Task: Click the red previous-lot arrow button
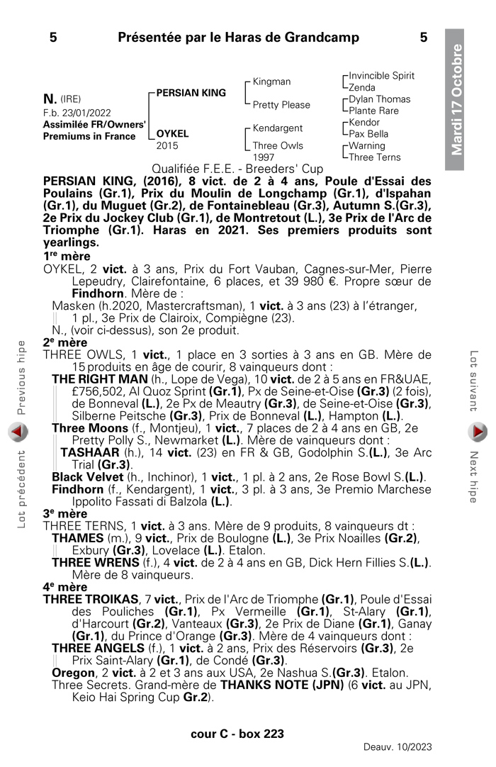pos(18,431)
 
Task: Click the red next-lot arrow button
pos(478,431)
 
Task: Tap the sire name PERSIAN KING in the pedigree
pos(191,93)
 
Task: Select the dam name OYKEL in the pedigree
pos(172,133)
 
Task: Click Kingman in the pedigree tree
pos(271,82)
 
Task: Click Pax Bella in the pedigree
pos(368,134)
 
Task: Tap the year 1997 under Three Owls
pos(264,157)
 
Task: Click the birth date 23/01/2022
pos(86,112)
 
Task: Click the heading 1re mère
pos(67,256)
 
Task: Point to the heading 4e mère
pos(65,587)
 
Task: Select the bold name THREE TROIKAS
pos(90,599)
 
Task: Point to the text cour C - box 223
pos(237,734)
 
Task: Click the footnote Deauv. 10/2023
pos(398,746)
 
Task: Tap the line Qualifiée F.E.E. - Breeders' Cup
pos(237,169)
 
